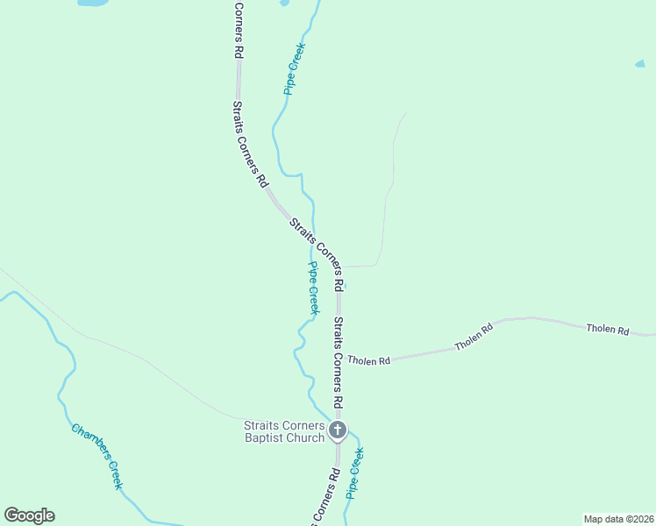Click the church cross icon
[x=338, y=430]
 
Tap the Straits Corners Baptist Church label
[x=284, y=432]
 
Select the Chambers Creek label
[x=97, y=457]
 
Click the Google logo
[x=29, y=515]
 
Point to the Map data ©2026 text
[x=618, y=519]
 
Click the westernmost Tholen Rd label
[x=368, y=360]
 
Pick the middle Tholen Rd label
[x=474, y=338]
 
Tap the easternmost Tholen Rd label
[x=608, y=331]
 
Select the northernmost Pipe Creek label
[x=293, y=70]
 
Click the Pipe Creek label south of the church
[x=354, y=473]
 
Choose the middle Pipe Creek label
[x=312, y=288]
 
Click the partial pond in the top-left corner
[x=93, y=3]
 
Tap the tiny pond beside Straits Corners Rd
[x=346, y=286]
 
